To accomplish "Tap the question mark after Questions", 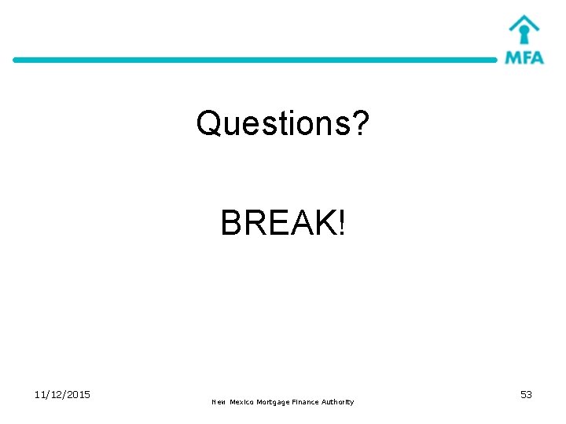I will pyautogui.click(x=359, y=123).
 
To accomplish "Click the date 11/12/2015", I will pyautogui.click(x=62, y=394).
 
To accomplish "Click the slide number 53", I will pyautogui.click(x=526, y=394).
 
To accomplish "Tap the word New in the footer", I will pyautogui.click(x=219, y=402).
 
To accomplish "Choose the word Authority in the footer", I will pyautogui.click(x=338, y=402).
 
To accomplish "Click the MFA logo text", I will pyautogui.click(x=524, y=57).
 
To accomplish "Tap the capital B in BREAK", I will pyautogui.click(x=231, y=224).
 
